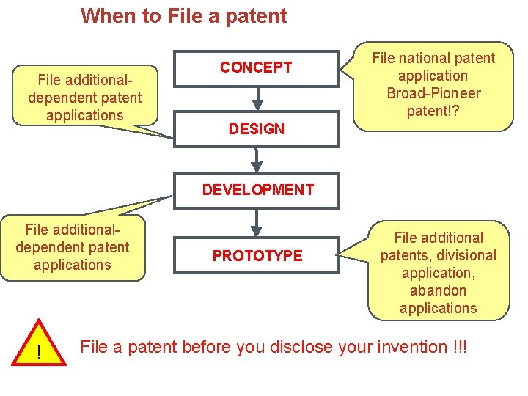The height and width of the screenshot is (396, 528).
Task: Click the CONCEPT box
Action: pyautogui.click(x=256, y=68)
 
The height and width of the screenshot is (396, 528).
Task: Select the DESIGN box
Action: pyautogui.click(x=256, y=129)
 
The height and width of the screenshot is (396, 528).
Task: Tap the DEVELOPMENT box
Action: pyautogui.click(x=257, y=190)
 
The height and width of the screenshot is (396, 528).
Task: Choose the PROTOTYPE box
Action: pyautogui.click(x=257, y=255)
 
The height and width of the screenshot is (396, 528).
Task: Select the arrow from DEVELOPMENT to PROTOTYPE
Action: pyautogui.click(x=257, y=221)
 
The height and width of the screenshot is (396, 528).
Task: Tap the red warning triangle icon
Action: pyautogui.click(x=38, y=351)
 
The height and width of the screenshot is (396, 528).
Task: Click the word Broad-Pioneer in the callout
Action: pyautogui.click(x=433, y=93)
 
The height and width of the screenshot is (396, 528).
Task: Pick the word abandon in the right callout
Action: pyautogui.click(x=439, y=290)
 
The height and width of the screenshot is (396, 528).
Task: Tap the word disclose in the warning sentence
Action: pyautogui.click(x=304, y=346)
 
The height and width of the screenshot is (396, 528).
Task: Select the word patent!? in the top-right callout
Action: pyautogui.click(x=433, y=111)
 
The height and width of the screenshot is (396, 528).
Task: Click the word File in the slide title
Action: pyautogui.click(x=184, y=15)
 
